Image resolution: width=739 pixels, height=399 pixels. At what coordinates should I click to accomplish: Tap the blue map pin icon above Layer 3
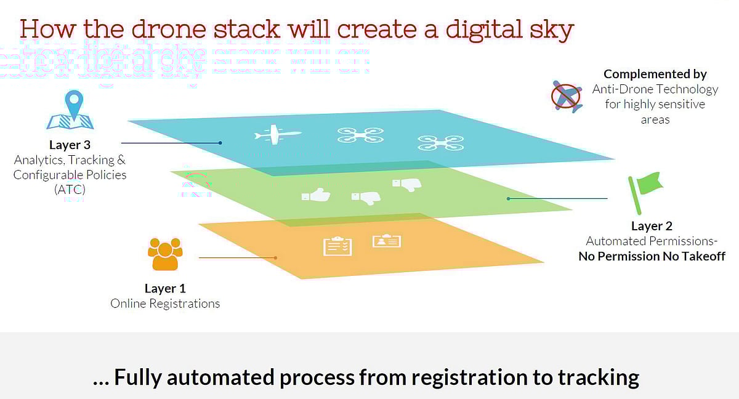coord(74,105)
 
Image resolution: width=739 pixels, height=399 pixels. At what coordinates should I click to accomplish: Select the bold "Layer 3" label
coord(70,145)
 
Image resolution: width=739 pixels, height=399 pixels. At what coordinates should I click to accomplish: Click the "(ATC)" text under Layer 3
coord(70,190)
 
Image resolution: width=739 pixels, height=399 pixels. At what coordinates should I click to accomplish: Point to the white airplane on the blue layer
coord(277,135)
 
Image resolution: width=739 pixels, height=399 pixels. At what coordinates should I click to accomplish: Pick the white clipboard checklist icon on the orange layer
coord(337,246)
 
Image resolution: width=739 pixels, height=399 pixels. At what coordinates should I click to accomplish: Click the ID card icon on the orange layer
coord(386,241)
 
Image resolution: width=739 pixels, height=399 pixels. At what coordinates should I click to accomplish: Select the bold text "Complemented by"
coord(655,74)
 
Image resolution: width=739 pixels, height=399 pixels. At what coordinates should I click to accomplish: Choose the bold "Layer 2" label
coord(652,226)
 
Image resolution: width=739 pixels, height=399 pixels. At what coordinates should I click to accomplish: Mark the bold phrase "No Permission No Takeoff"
coord(652,256)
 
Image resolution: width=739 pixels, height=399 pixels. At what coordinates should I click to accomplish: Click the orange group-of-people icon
coord(165,254)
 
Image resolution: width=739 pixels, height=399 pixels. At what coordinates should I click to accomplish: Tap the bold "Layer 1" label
coord(165,288)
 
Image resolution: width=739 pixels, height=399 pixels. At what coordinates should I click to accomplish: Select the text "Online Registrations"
coord(165,304)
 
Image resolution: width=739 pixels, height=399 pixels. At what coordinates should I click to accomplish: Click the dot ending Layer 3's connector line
coord(220,143)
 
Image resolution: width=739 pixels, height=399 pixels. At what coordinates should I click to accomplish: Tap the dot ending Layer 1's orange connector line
coord(275,257)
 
